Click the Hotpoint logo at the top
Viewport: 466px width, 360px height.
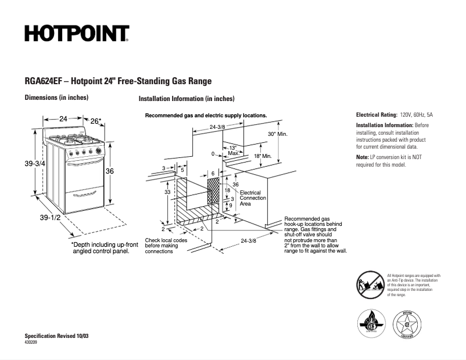click(77, 34)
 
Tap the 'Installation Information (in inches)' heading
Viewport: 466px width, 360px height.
click(186, 99)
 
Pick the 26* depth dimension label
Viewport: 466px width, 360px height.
click(96, 121)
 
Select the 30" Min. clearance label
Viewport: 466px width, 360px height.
click(278, 134)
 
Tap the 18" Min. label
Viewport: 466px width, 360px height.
click(263, 156)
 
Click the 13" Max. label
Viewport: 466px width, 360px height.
click(232, 150)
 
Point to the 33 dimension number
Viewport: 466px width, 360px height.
click(167, 192)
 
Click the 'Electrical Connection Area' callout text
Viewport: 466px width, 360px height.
click(253, 198)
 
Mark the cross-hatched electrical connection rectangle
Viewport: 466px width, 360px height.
click(214, 190)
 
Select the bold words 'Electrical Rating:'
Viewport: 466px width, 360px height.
click(377, 115)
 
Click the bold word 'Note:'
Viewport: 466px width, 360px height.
click(362, 157)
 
